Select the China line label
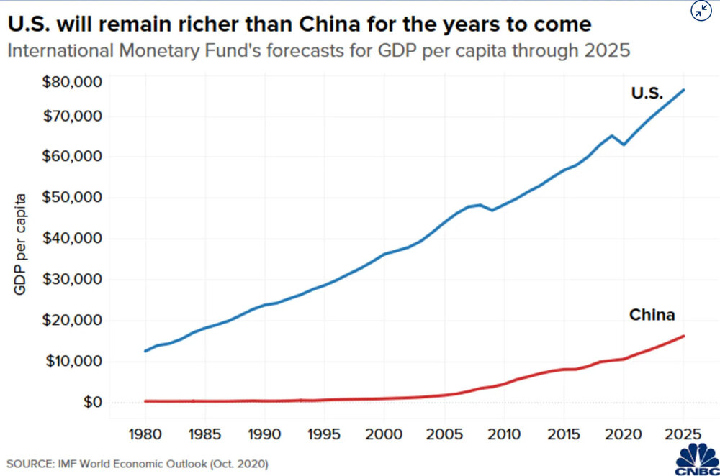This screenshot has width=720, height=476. [x=652, y=315]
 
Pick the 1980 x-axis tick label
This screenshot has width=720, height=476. [x=145, y=436]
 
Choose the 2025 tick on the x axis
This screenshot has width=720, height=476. [x=683, y=436]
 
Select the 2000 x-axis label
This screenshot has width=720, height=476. [x=384, y=436]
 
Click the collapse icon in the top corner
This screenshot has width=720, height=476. [x=700, y=11]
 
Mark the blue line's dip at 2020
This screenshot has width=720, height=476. [x=624, y=145]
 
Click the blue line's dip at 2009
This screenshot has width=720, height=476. [x=492, y=210]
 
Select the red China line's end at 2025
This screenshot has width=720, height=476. [x=683, y=336]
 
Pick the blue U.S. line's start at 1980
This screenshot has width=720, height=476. [x=145, y=351]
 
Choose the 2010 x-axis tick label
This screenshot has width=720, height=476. [x=504, y=436]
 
